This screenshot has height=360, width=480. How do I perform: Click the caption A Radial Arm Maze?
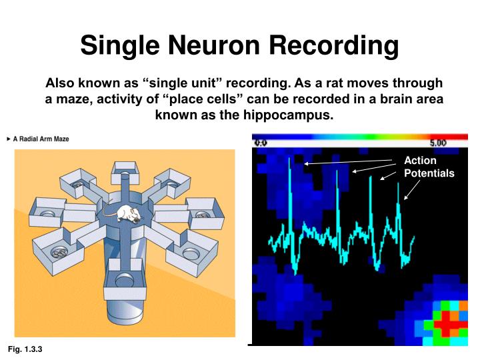[x=41, y=139]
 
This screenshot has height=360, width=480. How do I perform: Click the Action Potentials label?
[x=429, y=167]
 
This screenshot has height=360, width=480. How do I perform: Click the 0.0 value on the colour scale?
[x=261, y=143]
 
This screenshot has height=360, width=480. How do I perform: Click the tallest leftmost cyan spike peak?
[x=289, y=161]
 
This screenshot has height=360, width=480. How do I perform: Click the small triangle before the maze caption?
[x=8, y=139]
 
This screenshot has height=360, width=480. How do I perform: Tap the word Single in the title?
[x=120, y=46]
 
